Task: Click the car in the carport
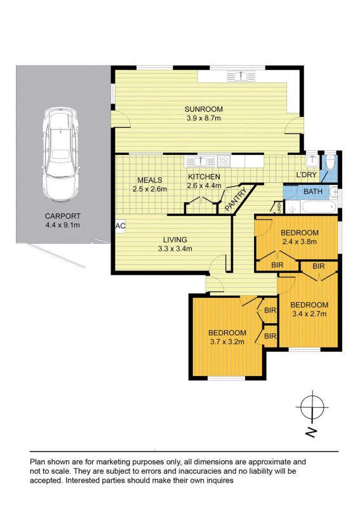(60, 155)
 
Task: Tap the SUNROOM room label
(204, 109)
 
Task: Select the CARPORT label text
(62, 216)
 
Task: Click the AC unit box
(120, 226)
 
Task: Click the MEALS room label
(150, 180)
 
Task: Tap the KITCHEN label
(204, 177)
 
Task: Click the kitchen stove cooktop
(223, 161)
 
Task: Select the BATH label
(312, 192)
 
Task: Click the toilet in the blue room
(330, 162)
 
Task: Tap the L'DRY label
(306, 175)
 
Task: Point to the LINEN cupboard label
(279, 207)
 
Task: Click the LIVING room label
(175, 240)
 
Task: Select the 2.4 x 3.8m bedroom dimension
(299, 241)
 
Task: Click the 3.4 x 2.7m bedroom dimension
(309, 314)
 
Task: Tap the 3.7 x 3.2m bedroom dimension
(227, 342)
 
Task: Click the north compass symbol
(312, 407)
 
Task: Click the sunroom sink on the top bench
(241, 76)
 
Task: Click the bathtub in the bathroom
(319, 207)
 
